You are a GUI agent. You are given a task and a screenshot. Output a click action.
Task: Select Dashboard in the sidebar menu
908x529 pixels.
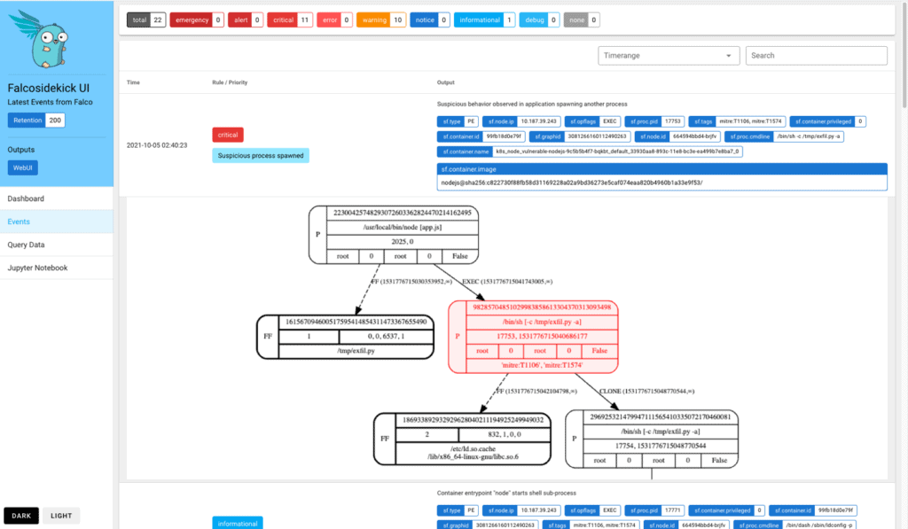[26, 198]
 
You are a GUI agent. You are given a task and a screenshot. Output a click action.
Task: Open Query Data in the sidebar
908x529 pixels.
[26, 245]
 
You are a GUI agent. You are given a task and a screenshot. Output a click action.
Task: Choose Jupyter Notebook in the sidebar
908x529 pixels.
[38, 268]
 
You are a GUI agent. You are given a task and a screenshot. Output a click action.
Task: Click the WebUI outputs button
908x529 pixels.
[22, 167]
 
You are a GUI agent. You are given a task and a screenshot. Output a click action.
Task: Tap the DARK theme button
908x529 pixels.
[21, 516]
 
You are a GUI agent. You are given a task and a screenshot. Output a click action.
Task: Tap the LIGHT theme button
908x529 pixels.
[61, 516]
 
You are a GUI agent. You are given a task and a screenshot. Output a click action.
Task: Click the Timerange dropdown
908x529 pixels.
[669, 55]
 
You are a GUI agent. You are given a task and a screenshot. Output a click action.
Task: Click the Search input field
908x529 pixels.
[816, 55]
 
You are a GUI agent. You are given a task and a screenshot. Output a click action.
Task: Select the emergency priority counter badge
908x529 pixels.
[197, 19]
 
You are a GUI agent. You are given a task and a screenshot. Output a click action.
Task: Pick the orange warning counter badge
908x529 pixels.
[381, 19]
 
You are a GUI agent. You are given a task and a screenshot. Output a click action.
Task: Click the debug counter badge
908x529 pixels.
[540, 19]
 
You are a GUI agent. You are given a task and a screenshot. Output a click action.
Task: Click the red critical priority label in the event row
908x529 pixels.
[228, 135]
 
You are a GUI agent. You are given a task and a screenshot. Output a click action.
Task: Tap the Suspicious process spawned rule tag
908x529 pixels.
[260, 155]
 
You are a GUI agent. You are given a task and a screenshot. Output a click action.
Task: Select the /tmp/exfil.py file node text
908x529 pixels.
[345, 351]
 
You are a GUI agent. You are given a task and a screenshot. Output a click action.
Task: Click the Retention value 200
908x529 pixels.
[55, 121]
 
